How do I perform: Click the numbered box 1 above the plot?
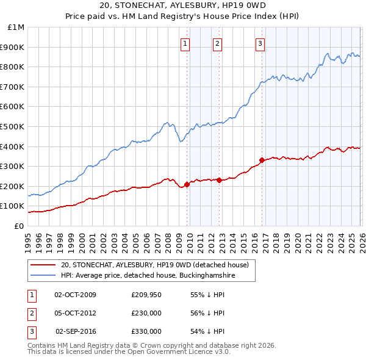click(x=185, y=43)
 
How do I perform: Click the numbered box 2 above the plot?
click(x=217, y=43)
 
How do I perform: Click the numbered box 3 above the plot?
click(x=260, y=43)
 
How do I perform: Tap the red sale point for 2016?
click(x=261, y=160)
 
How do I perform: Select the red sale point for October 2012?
click(x=219, y=180)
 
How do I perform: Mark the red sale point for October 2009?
click(x=187, y=184)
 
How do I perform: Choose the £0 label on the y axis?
click(x=19, y=226)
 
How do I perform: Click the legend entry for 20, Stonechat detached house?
click(x=154, y=265)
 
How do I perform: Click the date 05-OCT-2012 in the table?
click(x=76, y=313)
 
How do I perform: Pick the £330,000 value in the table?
click(x=146, y=331)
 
